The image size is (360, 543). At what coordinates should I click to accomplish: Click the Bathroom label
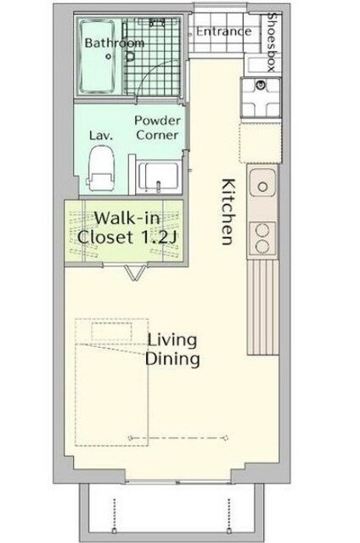point(115,43)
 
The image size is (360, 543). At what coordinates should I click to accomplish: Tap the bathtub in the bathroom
point(97,57)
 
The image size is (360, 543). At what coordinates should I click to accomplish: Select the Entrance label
point(223,31)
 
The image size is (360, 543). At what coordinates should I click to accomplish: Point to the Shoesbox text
point(273,42)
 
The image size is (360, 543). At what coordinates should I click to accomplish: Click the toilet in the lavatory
point(101,169)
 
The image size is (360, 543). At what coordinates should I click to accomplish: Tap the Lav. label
point(101,135)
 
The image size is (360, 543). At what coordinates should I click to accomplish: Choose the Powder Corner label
point(157,127)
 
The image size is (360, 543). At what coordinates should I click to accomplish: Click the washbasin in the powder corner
point(159,176)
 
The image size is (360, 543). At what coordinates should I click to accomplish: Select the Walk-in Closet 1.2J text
point(127,228)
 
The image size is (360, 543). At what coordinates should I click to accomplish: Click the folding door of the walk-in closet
point(135,271)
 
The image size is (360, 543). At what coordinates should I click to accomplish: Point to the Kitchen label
point(228,211)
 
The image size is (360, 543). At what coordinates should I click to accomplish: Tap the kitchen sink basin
point(262,183)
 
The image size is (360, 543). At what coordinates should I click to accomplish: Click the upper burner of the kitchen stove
point(262,230)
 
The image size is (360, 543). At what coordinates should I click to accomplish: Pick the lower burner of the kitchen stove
point(262,246)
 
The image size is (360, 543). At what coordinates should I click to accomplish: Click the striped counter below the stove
point(263,307)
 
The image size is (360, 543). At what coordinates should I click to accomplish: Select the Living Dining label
point(172,349)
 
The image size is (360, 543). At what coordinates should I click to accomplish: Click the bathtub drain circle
point(109,56)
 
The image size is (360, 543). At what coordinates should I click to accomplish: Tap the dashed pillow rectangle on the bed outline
point(111,331)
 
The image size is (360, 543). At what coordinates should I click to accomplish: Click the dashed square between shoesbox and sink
point(260,143)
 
